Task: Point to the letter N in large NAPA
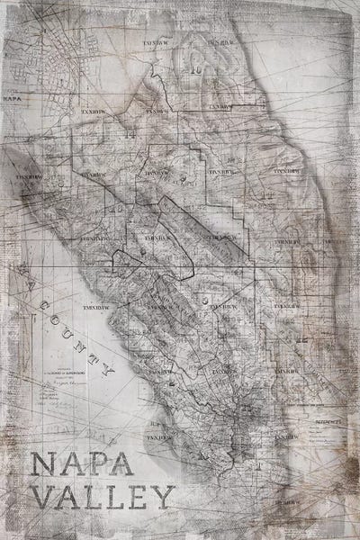pos(42,468)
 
